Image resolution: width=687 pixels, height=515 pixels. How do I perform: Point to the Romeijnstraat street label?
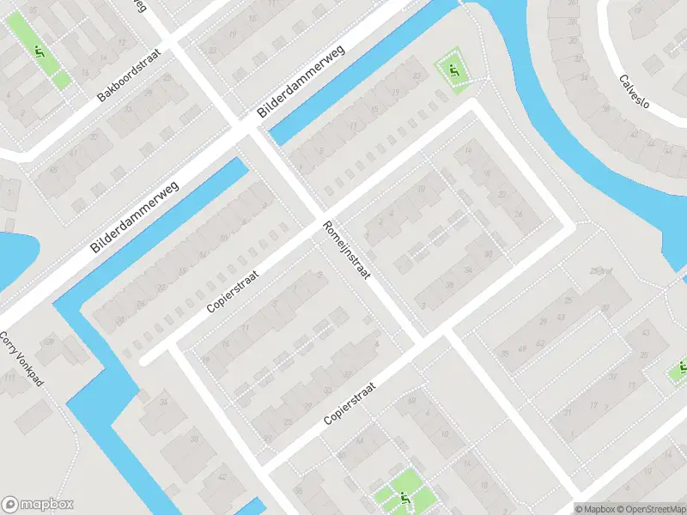[x=347, y=251]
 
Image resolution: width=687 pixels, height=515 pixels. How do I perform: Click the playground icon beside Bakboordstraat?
[x=40, y=50]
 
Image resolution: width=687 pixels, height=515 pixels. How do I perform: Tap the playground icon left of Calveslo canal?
[x=453, y=70]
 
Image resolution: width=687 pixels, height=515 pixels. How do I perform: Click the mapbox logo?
[x=38, y=505]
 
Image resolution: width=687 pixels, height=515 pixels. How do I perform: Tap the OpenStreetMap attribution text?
[x=651, y=509]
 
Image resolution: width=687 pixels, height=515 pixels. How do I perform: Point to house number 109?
[x=48, y=343]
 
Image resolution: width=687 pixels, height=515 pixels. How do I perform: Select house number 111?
[x=10, y=378]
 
